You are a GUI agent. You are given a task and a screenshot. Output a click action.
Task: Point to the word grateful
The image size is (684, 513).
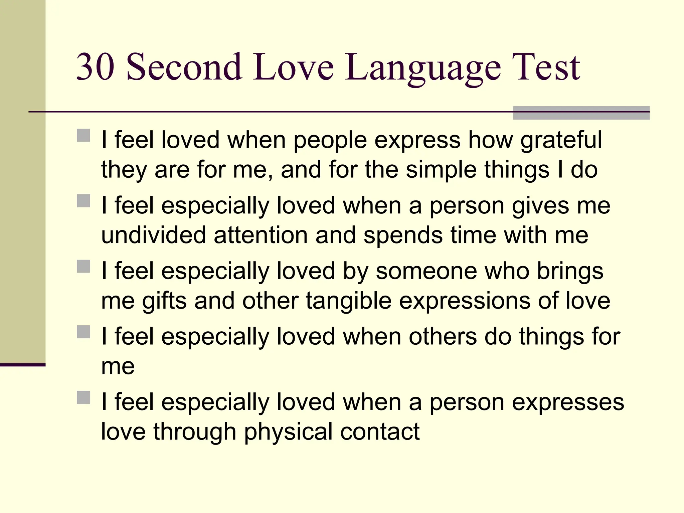(x=561, y=140)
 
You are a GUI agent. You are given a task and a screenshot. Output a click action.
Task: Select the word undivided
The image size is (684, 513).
(x=153, y=235)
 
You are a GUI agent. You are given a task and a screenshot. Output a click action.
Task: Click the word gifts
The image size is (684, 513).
(x=164, y=301)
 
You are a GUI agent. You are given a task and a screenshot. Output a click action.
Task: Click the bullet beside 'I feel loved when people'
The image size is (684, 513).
(x=83, y=136)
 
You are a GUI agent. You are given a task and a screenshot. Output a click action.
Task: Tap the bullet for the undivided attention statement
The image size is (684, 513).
(x=83, y=201)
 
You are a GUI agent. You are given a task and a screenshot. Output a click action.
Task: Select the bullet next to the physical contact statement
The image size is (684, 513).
(x=83, y=397)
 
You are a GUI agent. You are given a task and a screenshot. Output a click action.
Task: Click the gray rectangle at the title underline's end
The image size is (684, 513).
(x=581, y=113)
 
